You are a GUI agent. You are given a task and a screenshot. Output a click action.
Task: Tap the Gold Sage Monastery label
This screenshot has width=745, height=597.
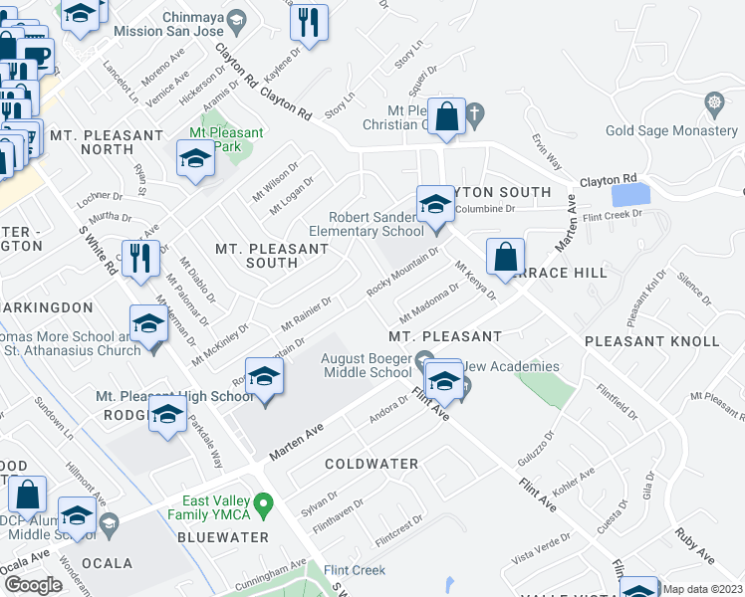click(x=673, y=131)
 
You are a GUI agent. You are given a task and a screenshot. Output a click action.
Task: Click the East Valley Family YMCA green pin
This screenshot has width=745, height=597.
click(x=263, y=506)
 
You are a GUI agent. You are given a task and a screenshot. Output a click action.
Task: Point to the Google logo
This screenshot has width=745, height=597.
click(x=33, y=584)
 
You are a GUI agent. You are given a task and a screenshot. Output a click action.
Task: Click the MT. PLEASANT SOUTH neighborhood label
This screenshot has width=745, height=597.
click(x=257, y=255)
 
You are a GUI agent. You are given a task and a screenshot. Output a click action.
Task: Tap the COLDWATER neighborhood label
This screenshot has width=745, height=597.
click(x=372, y=464)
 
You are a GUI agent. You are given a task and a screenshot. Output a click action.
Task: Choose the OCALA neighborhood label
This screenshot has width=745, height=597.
click(x=108, y=563)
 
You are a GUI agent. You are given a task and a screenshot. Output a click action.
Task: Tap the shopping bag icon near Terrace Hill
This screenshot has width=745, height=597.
click(x=506, y=257)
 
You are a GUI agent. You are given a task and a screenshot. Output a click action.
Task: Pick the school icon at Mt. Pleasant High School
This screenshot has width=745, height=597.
click(x=265, y=378)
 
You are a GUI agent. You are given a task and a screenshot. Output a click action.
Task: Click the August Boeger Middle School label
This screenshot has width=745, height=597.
click(x=365, y=365)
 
